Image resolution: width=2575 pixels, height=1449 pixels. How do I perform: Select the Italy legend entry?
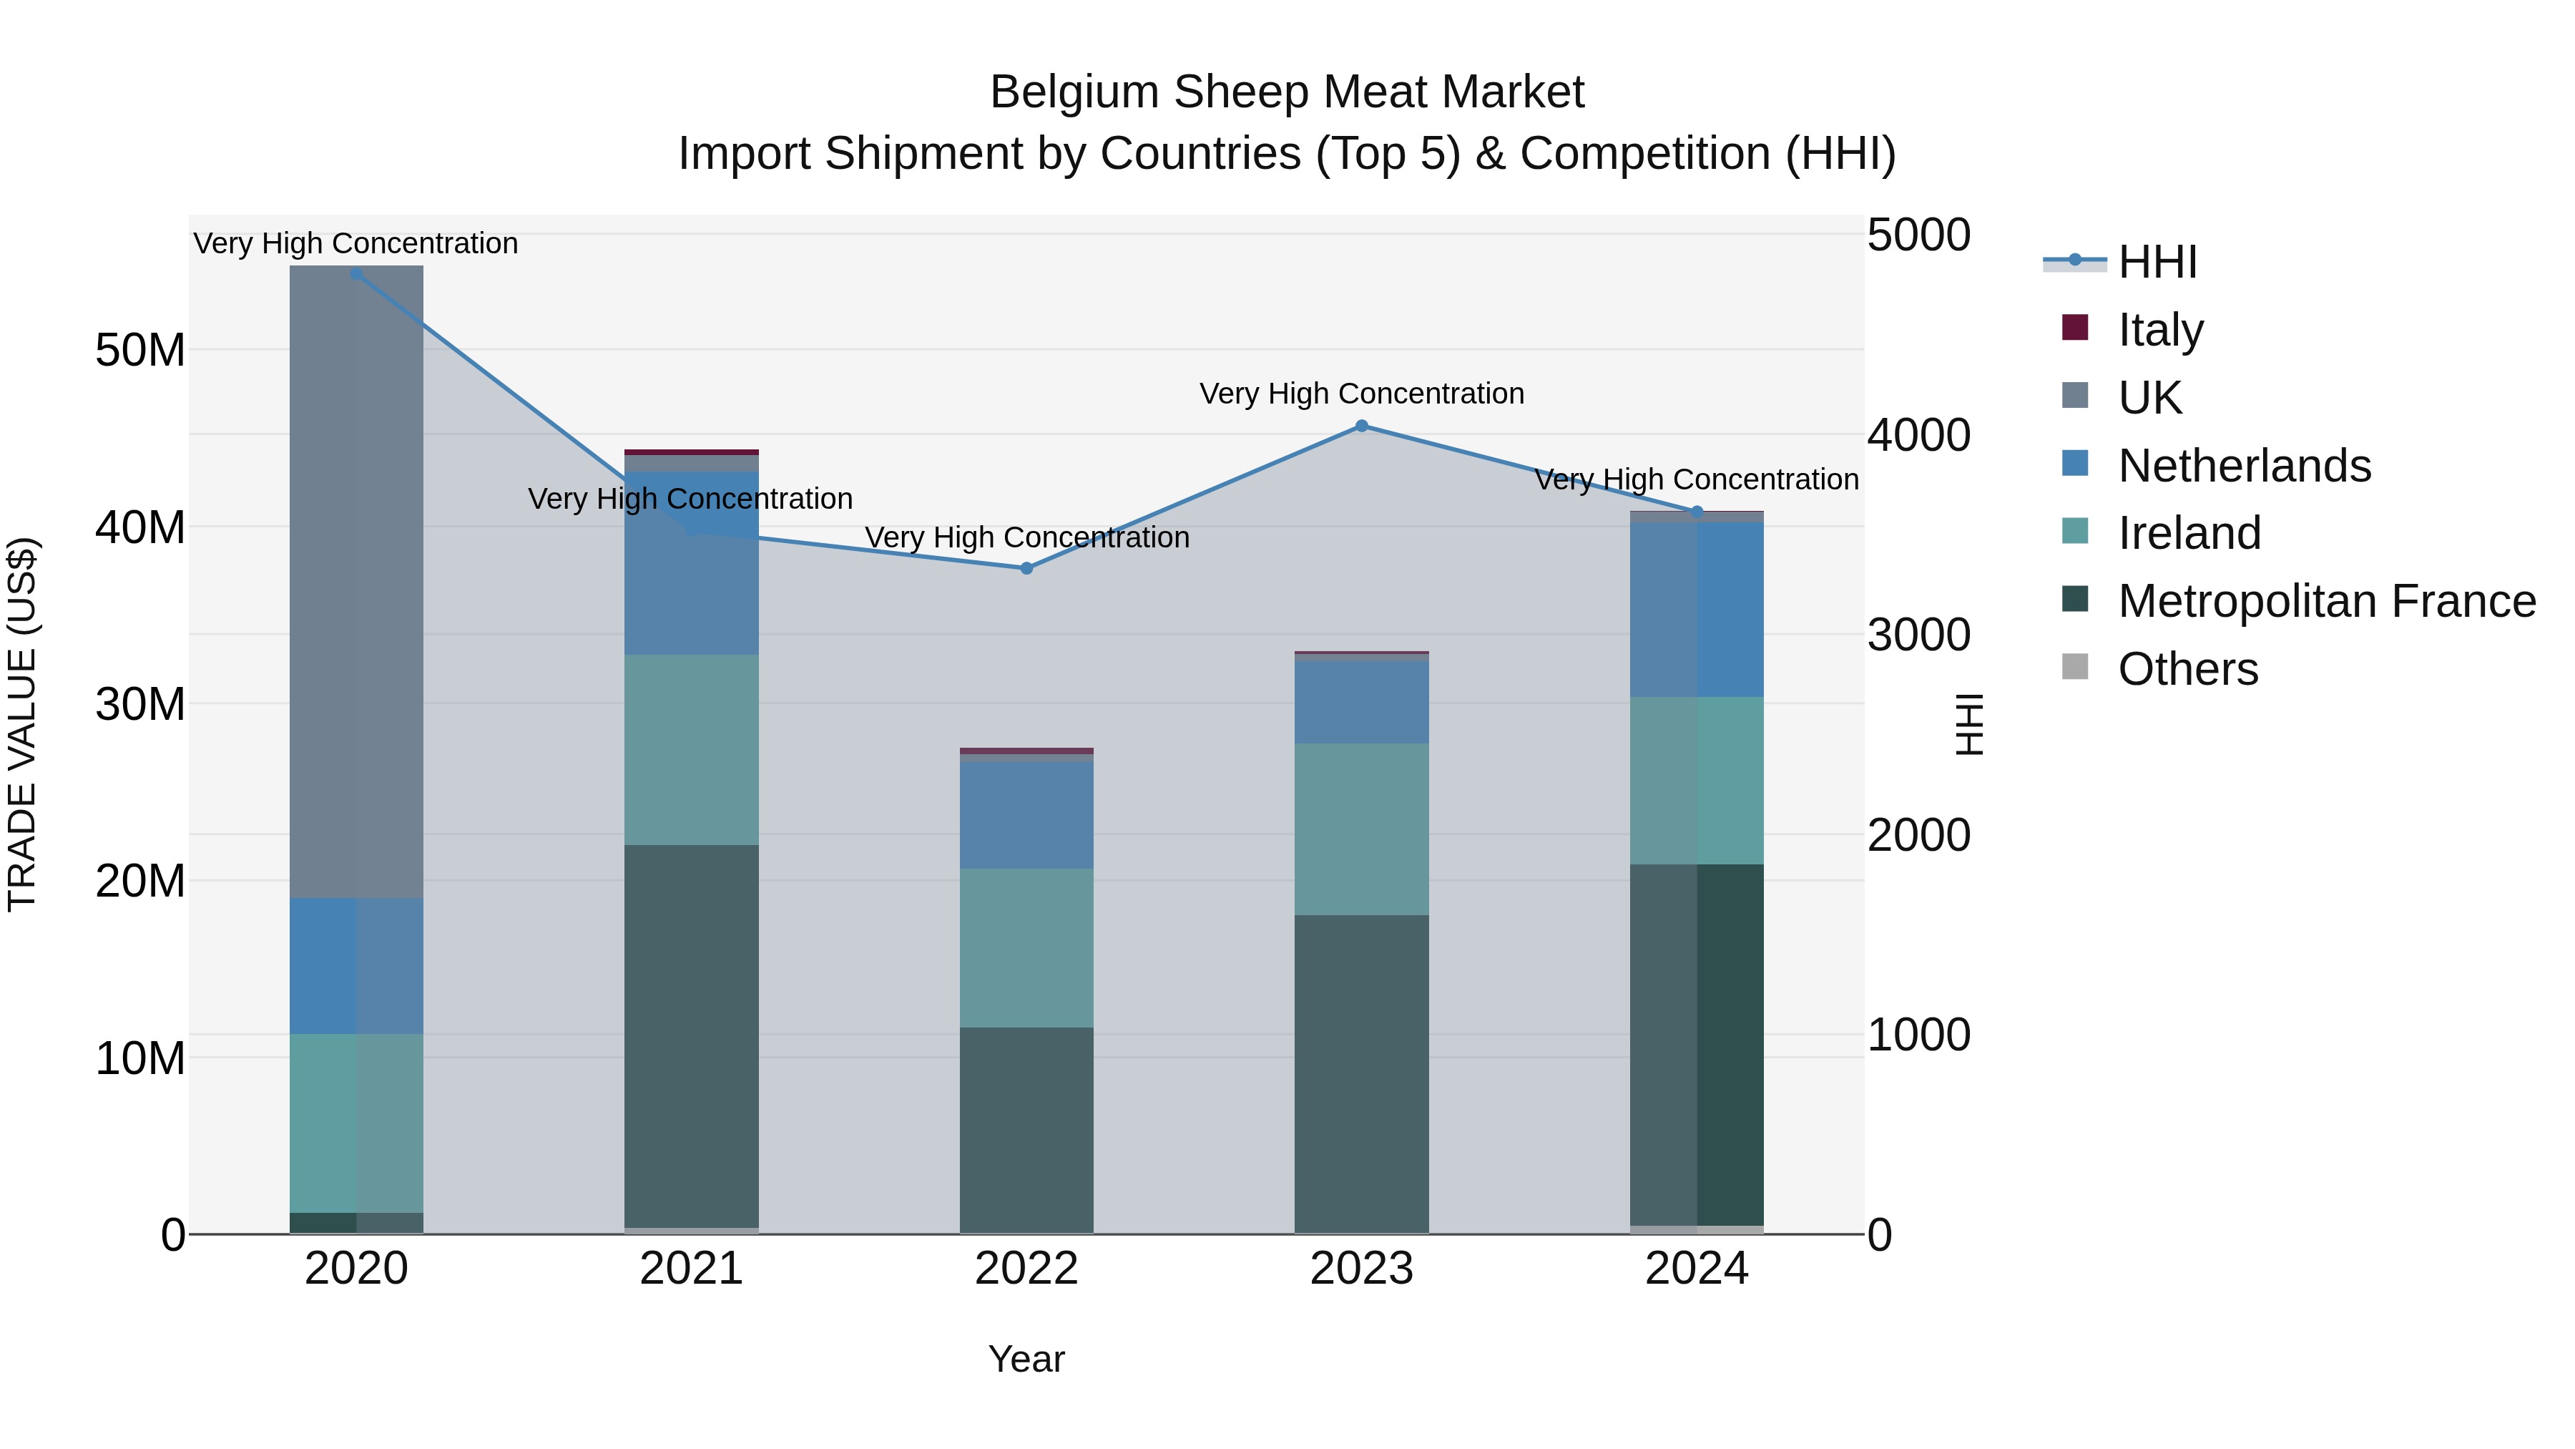pos(2160,330)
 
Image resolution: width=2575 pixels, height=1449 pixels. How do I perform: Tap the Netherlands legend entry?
pos(2243,466)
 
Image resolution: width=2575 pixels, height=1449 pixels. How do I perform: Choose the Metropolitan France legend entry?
pos(2326,601)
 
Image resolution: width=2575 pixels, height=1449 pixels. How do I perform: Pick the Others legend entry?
pos(2187,669)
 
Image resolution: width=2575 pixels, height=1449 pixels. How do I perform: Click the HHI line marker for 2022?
pos(1026,568)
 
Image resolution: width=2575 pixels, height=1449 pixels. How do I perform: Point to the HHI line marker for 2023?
pos(1361,426)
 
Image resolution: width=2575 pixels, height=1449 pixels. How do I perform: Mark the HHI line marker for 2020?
pos(357,273)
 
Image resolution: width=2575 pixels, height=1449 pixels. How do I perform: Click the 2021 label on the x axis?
pos(691,1269)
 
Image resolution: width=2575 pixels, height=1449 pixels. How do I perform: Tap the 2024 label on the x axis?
pos(1697,1269)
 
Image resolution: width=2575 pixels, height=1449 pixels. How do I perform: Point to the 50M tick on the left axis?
pos(140,351)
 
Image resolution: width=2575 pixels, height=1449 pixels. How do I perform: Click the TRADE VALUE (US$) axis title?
pos(22,724)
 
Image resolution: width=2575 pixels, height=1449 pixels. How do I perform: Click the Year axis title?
pos(1026,1359)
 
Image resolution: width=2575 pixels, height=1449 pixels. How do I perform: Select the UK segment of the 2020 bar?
pos(357,580)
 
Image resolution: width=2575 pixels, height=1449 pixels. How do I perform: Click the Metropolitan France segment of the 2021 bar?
pos(691,1035)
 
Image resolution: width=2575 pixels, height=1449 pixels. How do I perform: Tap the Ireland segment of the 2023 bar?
pos(1361,829)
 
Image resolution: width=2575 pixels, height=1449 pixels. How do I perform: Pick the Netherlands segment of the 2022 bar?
pos(1026,815)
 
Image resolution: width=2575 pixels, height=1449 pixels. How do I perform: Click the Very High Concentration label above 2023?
pos(1361,394)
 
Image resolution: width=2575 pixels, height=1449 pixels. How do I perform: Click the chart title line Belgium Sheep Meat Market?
pos(1287,92)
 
